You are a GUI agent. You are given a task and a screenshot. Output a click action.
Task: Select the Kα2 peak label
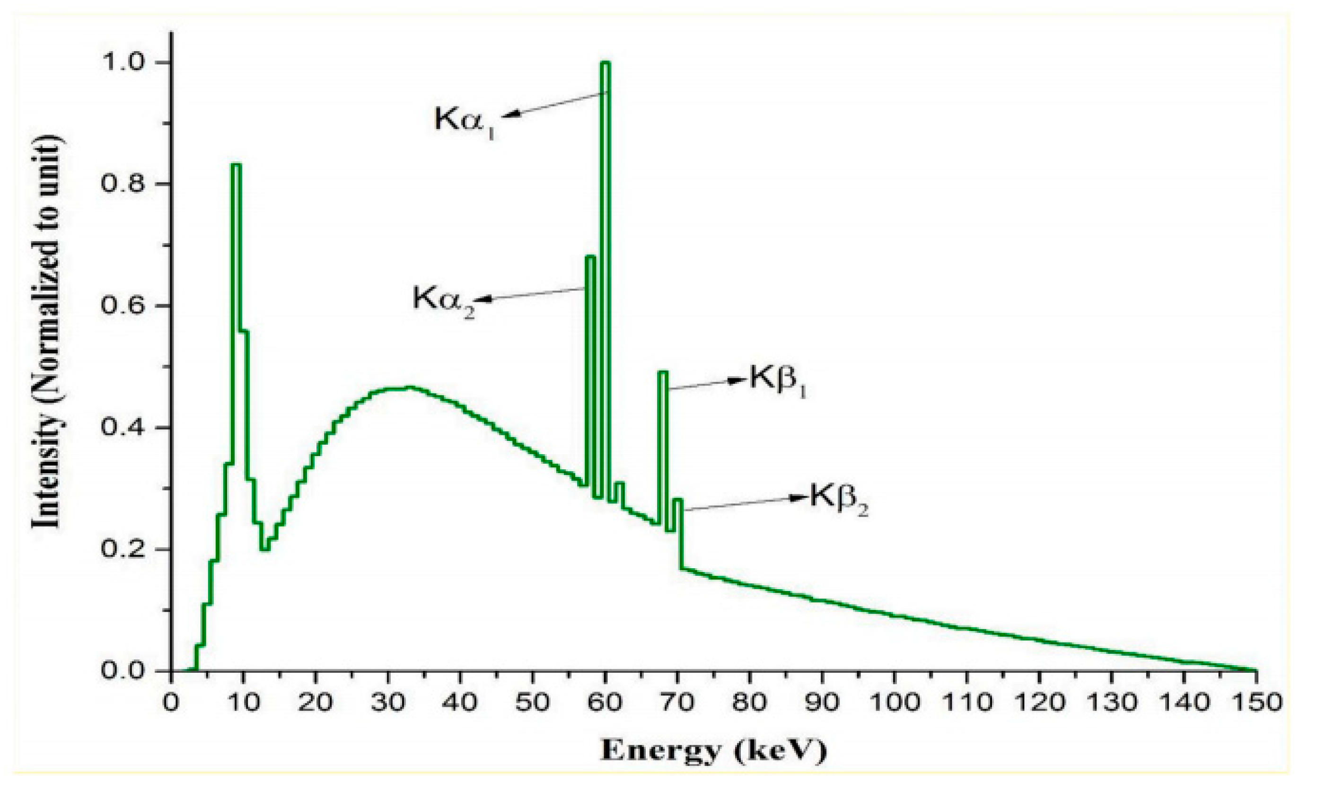(x=443, y=300)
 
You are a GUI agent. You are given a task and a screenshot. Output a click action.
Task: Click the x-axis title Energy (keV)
(x=713, y=751)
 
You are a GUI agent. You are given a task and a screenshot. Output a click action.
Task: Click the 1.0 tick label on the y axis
(x=124, y=62)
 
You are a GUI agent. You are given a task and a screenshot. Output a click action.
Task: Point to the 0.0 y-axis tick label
(x=124, y=671)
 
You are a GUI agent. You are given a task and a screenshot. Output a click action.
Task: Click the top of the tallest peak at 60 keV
(x=605, y=63)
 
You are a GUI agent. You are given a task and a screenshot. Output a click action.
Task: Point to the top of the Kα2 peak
(x=590, y=257)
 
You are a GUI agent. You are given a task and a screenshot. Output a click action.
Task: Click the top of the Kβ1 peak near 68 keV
(x=663, y=372)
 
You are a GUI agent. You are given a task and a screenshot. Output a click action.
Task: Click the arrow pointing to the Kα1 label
(x=555, y=104)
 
